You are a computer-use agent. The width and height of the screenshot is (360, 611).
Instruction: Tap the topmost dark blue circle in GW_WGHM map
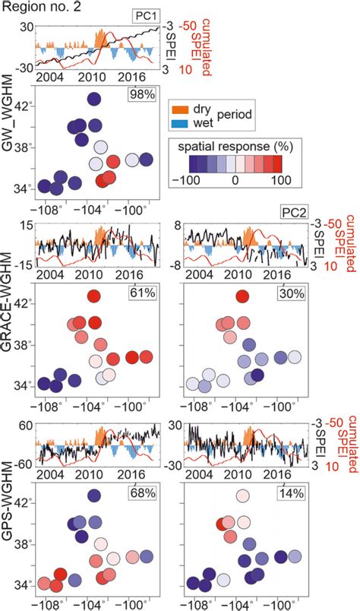pos(94,99)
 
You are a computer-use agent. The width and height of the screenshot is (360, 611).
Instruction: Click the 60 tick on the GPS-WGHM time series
pos(26,426)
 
